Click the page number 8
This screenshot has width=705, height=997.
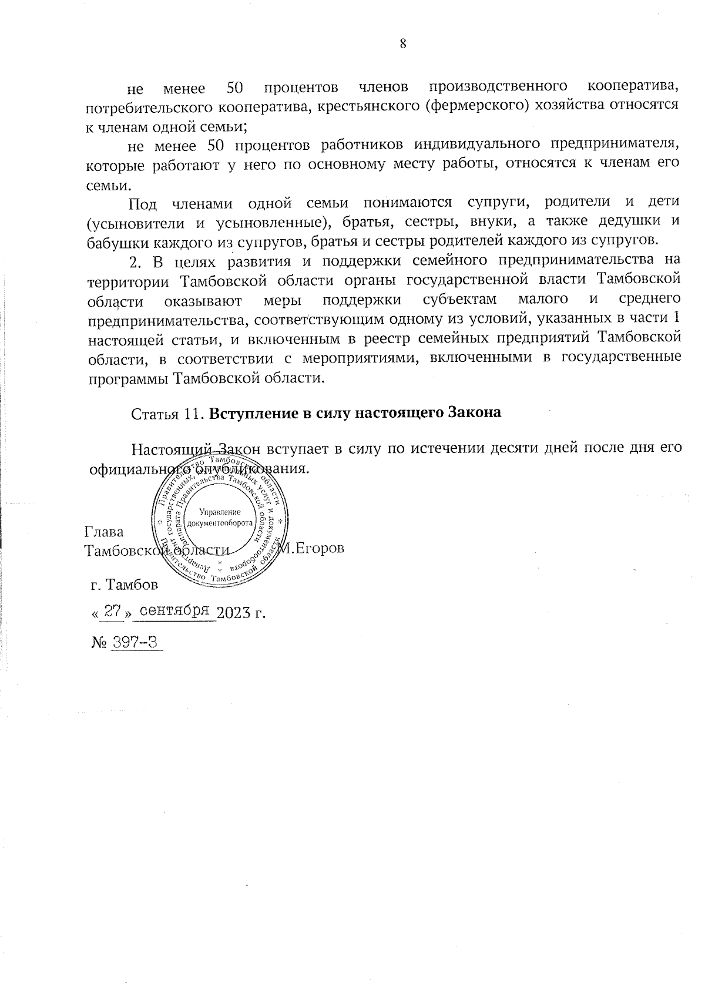pyautogui.click(x=404, y=43)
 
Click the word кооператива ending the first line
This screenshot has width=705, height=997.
pyautogui.click(x=633, y=88)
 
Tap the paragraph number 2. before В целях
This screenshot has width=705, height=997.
pyautogui.click(x=136, y=261)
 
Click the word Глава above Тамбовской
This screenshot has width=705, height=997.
pyautogui.click(x=104, y=532)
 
